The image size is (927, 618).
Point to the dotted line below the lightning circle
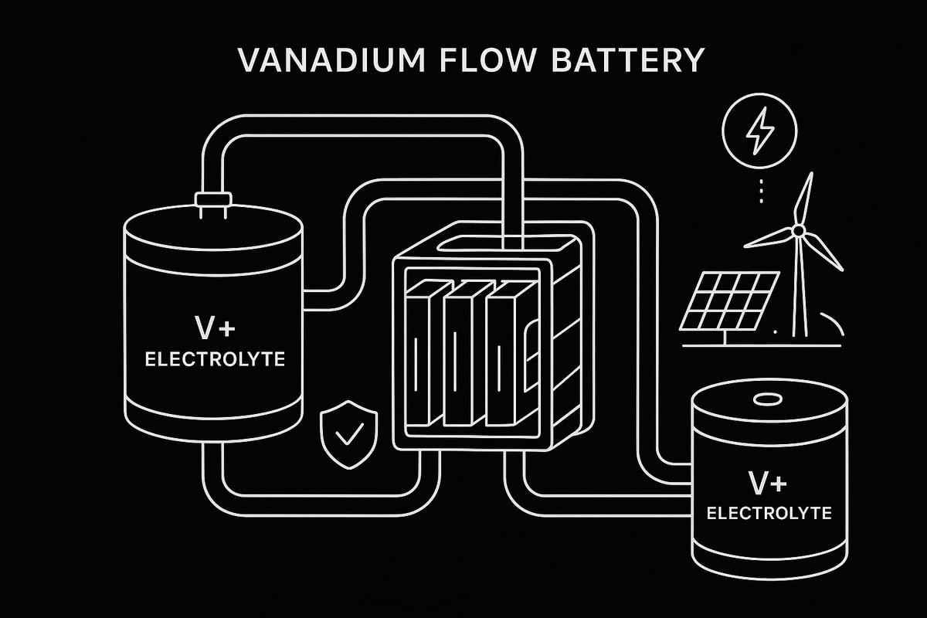click(761, 189)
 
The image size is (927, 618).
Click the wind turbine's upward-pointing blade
click(806, 197)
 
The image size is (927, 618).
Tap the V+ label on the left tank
click(212, 328)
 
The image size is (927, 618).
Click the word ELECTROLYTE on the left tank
click(212, 358)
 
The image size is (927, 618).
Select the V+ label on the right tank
click(768, 483)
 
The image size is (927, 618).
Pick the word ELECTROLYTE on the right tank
click(768, 512)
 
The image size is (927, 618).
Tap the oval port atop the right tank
click(768, 400)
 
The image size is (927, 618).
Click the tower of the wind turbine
click(800, 286)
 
